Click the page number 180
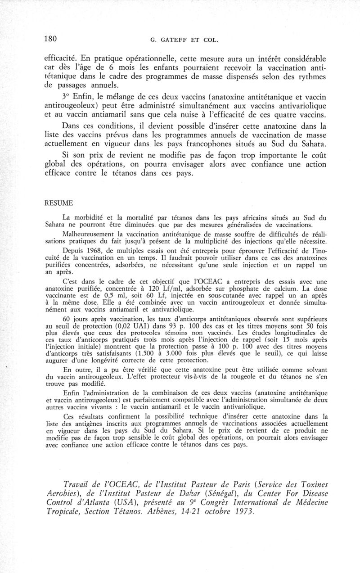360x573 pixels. pos(50,39)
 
